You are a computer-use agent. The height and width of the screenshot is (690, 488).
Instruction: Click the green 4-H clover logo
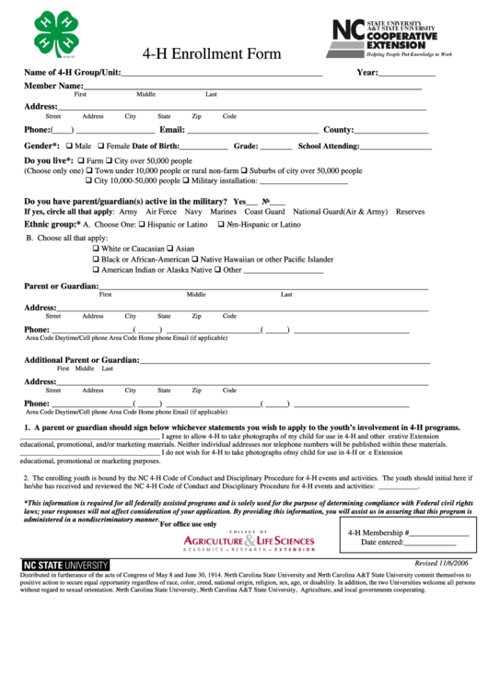pos(56,33)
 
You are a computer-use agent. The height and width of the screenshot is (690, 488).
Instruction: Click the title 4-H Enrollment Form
pos(212,53)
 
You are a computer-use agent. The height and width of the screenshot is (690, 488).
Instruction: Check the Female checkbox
pos(100,146)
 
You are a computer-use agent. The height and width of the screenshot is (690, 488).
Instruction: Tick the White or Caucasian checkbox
pos(97,249)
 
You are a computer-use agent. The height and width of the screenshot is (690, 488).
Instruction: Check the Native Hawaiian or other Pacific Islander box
pos(194,260)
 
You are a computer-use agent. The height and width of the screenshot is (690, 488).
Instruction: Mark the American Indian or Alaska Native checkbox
pos(97,270)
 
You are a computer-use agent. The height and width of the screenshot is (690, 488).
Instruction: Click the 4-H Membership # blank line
pos(438,559)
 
